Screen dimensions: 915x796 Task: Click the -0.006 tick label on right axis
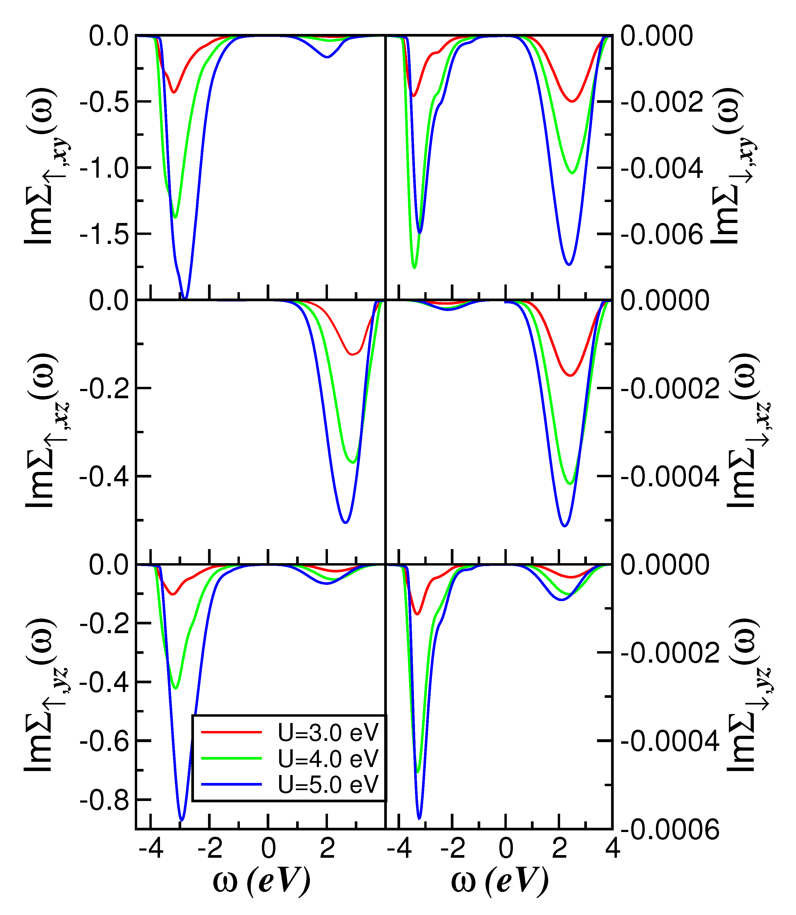click(661, 234)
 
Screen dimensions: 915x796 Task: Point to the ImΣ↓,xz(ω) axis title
click(746, 431)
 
